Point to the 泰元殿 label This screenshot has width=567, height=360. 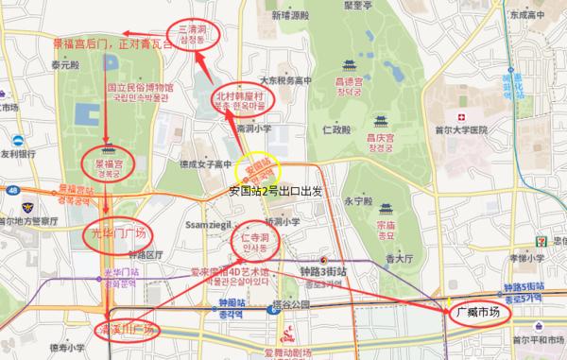point(64,67)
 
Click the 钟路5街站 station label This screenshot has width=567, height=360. point(524,286)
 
